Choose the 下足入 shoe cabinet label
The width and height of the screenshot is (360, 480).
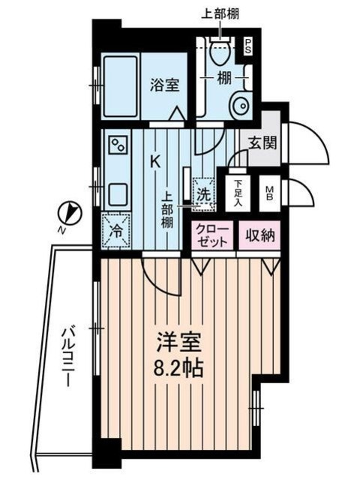tap(238, 193)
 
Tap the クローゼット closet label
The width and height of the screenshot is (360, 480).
tap(213, 235)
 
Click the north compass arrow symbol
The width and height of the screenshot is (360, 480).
tap(69, 214)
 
